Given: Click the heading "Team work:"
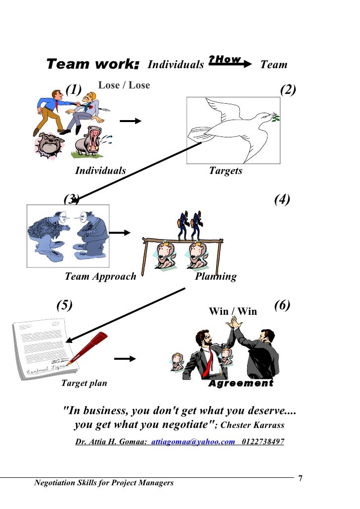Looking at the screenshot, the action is pyautogui.click(x=93, y=64).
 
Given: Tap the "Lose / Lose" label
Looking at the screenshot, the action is pyautogui.click(x=124, y=85).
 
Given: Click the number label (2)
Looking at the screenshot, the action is pyautogui.click(x=287, y=89).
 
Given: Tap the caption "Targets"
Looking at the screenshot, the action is pyautogui.click(x=225, y=171).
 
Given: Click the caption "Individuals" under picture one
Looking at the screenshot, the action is pyautogui.click(x=100, y=171).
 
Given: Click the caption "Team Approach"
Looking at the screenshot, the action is pyautogui.click(x=100, y=276).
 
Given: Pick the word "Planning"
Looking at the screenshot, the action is pyautogui.click(x=216, y=276).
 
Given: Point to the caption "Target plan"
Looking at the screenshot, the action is pyautogui.click(x=84, y=383).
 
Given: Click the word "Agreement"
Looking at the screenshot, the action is pyautogui.click(x=241, y=383).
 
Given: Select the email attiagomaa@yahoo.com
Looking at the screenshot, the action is pyautogui.click(x=193, y=442).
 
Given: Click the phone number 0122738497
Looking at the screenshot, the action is pyautogui.click(x=263, y=442).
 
